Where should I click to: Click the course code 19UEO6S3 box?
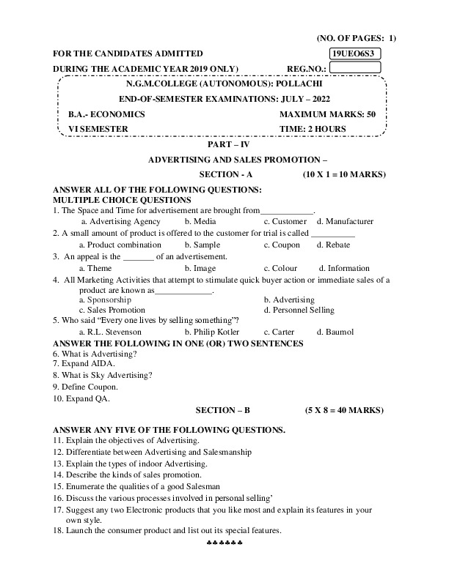click(x=355, y=53)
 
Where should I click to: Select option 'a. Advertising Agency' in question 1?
click(x=120, y=221)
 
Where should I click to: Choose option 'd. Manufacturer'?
click(x=345, y=221)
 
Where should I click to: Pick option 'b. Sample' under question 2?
click(x=202, y=245)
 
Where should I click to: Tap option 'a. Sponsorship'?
click(x=105, y=300)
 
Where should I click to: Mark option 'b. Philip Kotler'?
click(x=214, y=332)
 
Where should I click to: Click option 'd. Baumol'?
click(x=335, y=332)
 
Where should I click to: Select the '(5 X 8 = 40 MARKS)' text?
click(x=343, y=411)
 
